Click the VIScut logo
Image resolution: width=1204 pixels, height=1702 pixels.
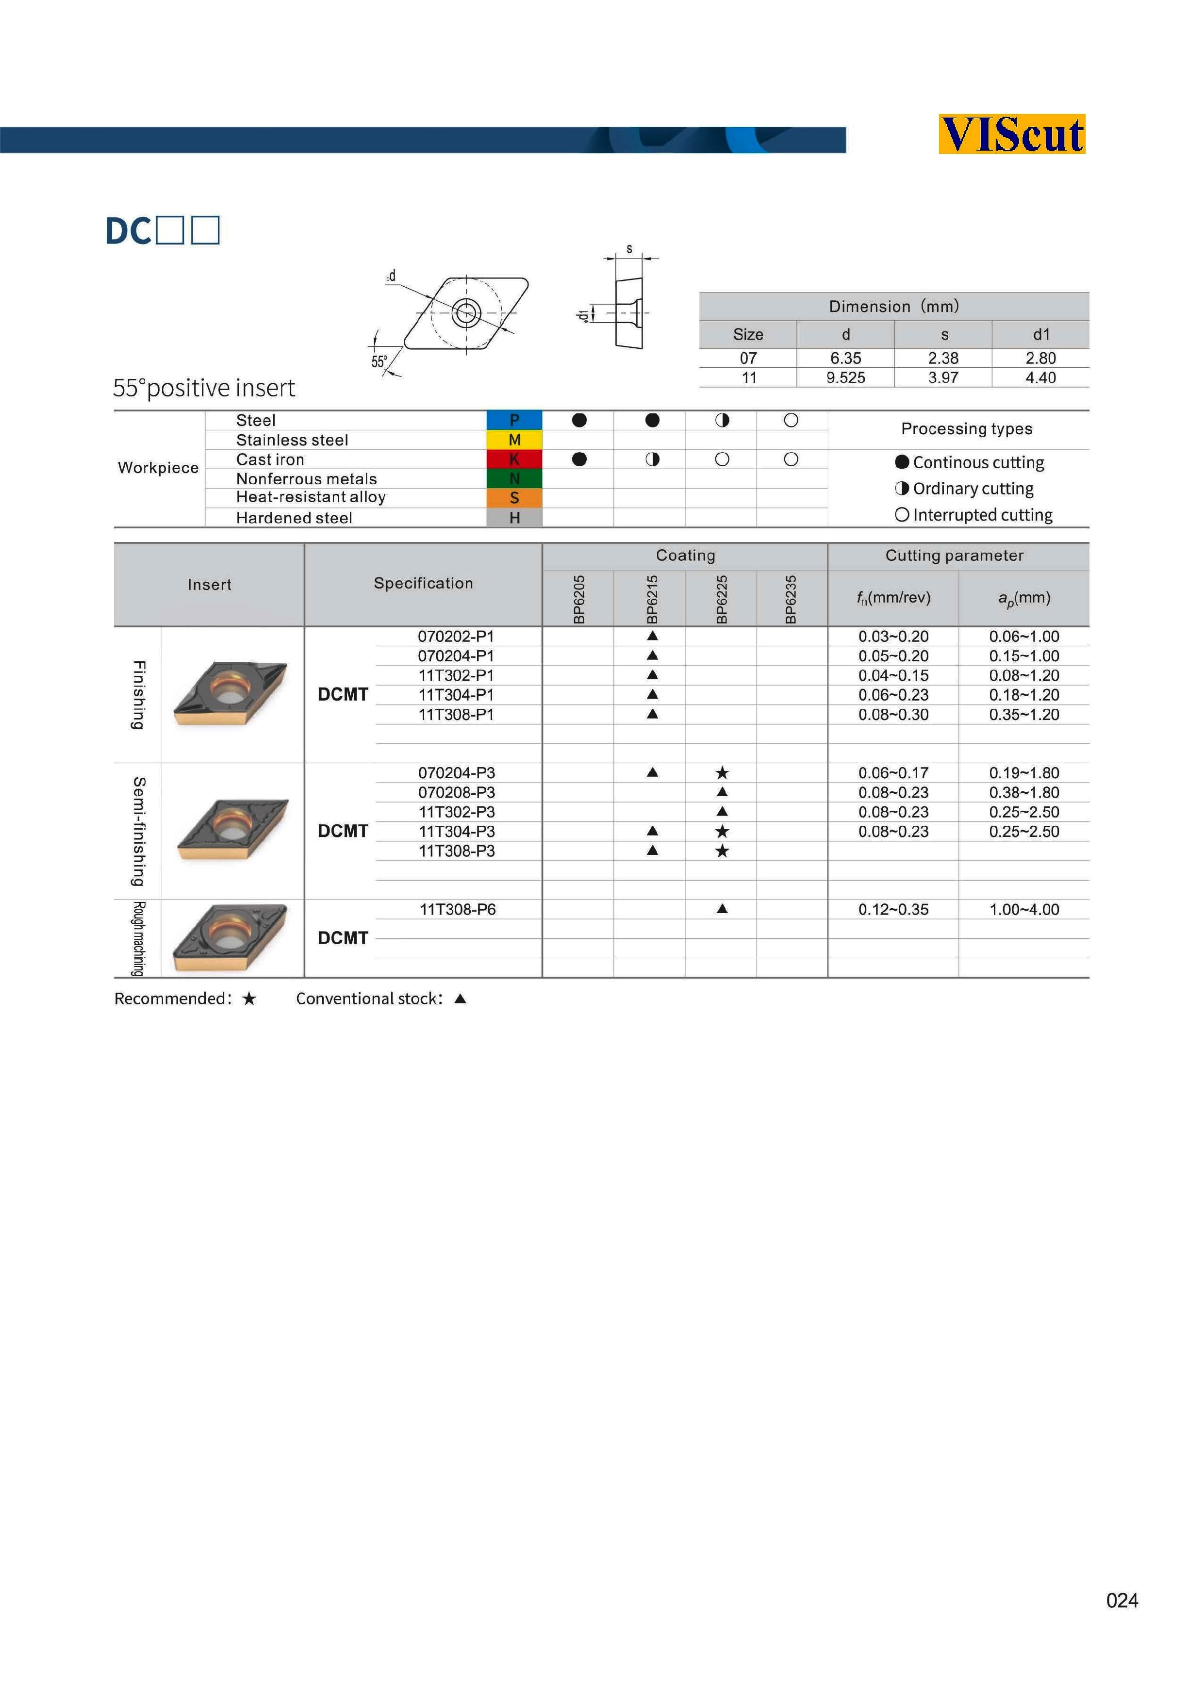[x=1011, y=134]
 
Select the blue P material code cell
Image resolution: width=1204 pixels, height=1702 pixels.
[x=514, y=420]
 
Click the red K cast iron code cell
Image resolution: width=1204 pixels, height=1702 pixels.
[x=514, y=459]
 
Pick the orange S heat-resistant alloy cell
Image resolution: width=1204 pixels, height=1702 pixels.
[x=514, y=498]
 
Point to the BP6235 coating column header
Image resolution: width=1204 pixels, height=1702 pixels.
[x=791, y=599]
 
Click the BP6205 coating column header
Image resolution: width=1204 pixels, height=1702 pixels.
[x=579, y=599]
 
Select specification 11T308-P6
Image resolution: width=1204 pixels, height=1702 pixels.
[x=458, y=910]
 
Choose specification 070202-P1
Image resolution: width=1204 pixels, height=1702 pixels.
[x=456, y=636]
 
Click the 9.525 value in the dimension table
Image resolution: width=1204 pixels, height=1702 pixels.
[x=845, y=377]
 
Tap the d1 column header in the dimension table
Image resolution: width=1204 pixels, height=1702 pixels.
[x=1041, y=334]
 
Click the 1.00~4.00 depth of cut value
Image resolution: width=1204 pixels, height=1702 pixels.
[x=1024, y=910]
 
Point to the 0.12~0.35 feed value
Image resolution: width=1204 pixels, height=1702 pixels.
[x=893, y=910]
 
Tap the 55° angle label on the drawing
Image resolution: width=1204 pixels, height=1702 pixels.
[x=379, y=362]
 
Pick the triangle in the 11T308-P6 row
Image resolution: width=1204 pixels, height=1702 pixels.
[x=722, y=909]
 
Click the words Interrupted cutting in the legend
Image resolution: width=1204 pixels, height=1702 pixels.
[x=982, y=515]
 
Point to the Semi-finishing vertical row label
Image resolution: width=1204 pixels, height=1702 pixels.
[x=138, y=831]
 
